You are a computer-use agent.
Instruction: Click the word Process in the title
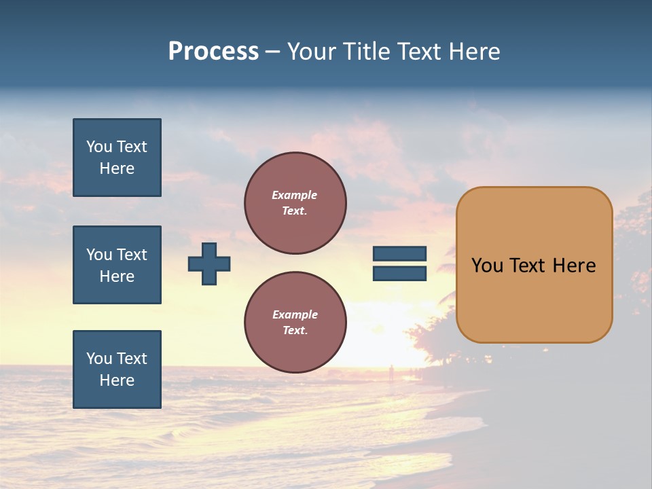213,52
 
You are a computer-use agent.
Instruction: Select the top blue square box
117,158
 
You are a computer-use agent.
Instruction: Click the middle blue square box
117,265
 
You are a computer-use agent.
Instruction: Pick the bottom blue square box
117,369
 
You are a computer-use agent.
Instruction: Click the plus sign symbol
209,264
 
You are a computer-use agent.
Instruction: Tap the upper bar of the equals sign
399,254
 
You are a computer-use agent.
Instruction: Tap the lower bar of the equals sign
399,274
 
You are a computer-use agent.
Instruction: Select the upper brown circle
295,203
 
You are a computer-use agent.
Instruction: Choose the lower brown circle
295,323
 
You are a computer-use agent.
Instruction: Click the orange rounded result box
534,265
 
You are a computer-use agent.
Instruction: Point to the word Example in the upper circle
294,195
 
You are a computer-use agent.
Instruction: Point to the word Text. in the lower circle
295,331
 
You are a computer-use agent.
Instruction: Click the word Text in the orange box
527,266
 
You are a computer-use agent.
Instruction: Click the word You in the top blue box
98,147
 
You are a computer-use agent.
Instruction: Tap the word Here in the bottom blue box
117,380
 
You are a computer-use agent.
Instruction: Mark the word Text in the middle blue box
131,255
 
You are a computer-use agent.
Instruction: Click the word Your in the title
312,52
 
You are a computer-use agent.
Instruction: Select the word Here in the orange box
574,266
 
